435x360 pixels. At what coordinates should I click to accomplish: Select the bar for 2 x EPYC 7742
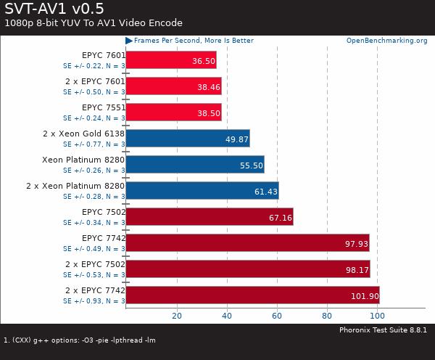click(252, 295)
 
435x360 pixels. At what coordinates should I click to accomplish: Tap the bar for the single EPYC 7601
click(170, 60)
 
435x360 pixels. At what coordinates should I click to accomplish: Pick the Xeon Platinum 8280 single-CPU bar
click(194, 165)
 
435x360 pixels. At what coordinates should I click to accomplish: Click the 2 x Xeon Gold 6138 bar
click(187, 139)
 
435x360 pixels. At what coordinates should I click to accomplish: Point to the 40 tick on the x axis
click(227, 316)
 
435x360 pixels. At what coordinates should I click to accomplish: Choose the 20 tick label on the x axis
click(176, 316)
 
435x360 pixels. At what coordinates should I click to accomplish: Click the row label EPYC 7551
click(104, 107)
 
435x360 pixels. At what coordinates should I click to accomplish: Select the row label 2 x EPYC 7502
click(94, 264)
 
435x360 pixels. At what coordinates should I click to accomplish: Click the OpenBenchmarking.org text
click(386, 41)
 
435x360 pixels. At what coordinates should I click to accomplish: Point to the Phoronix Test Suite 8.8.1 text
click(383, 330)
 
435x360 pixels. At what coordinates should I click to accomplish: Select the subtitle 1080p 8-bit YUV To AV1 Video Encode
click(94, 23)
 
